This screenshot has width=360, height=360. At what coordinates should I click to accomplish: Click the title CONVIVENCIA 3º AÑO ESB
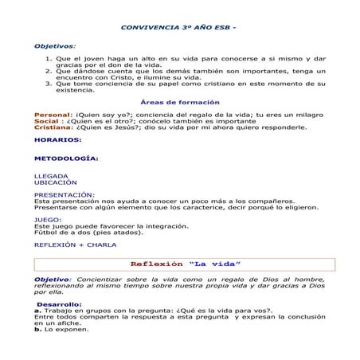pyautogui.click(x=178, y=27)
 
